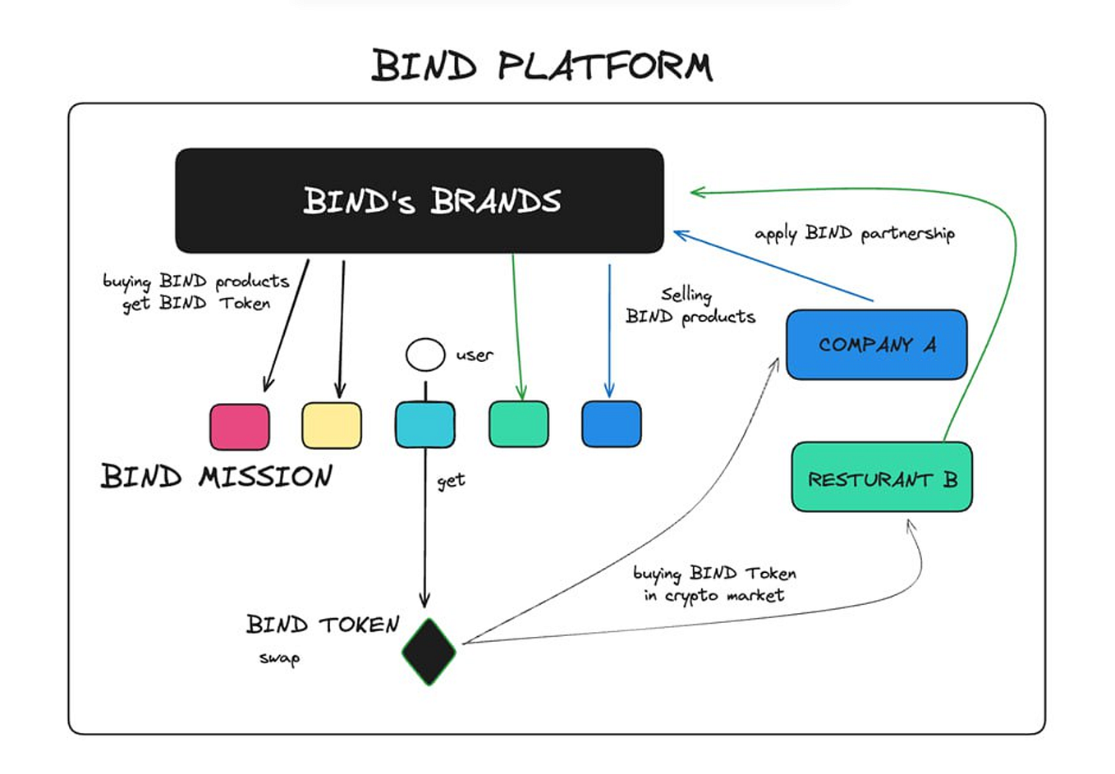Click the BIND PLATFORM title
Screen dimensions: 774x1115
(x=542, y=66)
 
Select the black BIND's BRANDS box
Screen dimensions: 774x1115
(x=420, y=201)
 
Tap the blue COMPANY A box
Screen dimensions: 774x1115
(x=876, y=345)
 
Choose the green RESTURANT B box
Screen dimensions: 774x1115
(x=882, y=478)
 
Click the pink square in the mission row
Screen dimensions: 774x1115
(x=240, y=426)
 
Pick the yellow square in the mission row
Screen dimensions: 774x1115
(x=332, y=425)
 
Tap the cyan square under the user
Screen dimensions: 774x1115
(x=424, y=424)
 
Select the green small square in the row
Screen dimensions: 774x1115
(x=518, y=424)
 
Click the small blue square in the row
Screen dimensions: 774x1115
(x=611, y=424)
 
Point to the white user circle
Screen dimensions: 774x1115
(x=425, y=355)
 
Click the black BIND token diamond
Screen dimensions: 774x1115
(x=429, y=652)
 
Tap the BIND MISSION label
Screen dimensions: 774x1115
(x=217, y=476)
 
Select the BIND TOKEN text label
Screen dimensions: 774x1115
(x=323, y=625)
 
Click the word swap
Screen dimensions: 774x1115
(x=279, y=658)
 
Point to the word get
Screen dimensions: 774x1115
(x=451, y=481)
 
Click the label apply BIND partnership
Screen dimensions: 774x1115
(x=854, y=234)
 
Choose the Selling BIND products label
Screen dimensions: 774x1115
(x=690, y=306)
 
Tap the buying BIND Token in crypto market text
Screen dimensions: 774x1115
(x=714, y=584)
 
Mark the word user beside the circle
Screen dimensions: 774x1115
(x=475, y=355)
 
